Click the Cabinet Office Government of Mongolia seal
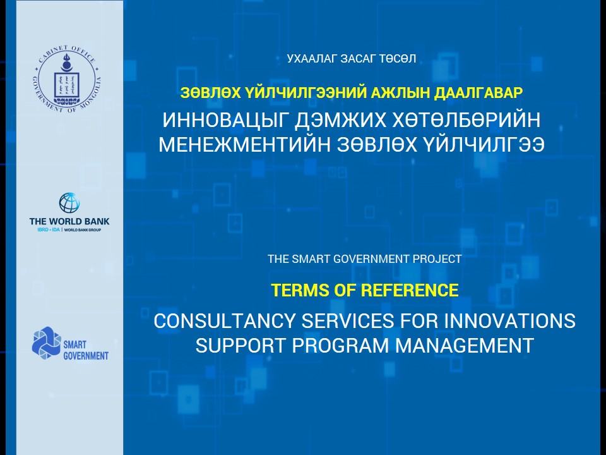point(67,79)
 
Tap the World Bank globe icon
point(69,203)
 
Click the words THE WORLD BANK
point(69,222)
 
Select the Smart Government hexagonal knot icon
point(47,342)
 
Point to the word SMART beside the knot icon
point(74,345)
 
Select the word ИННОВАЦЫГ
point(225,120)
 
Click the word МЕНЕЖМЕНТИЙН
point(245,145)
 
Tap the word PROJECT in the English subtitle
point(437,258)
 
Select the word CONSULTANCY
point(225,321)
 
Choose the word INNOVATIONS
point(509,321)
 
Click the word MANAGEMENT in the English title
point(464,346)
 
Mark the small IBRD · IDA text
point(49,230)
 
